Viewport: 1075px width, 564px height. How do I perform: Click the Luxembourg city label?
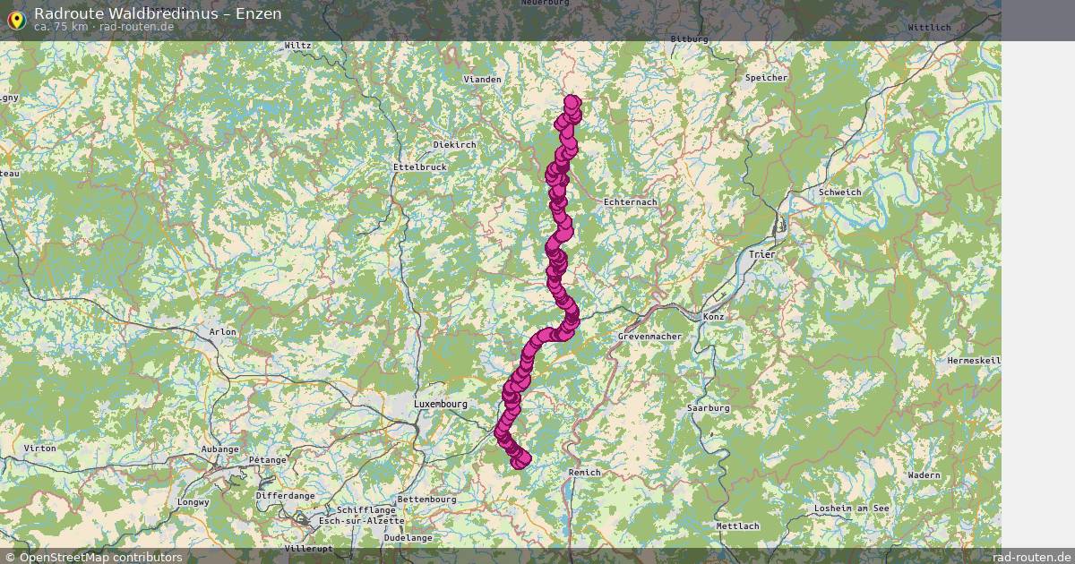(x=441, y=405)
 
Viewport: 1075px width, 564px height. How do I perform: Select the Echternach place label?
(x=631, y=202)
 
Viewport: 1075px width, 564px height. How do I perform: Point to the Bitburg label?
(x=689, y=39)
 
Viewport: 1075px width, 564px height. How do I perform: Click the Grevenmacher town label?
(x=649, y=337)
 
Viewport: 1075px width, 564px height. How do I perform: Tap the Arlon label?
(x=222, y=332)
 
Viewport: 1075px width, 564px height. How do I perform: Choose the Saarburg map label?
(x=708, y=408)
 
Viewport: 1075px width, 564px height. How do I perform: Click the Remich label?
(x=584, y=472)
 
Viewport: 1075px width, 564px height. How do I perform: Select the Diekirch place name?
(x=454, y=145)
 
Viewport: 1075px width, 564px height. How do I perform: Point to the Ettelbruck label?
(x=419, y=167)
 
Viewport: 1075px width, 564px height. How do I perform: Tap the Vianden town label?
(x=482, y=80)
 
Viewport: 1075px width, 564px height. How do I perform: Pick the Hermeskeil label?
(x=974, y=361)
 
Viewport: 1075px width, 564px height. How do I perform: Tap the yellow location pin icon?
(x=15, y=19)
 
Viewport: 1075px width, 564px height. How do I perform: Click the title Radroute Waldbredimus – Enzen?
(x=158, y=13)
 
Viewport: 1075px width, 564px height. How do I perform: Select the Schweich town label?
(x=839, y=192)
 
